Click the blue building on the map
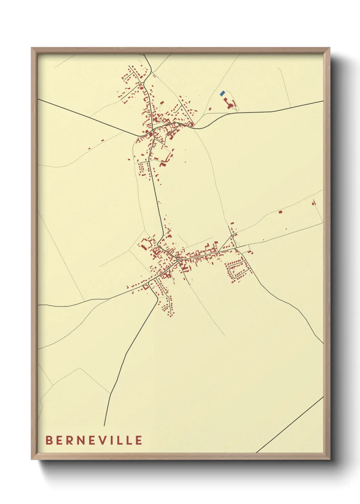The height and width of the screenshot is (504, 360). pyautogui.click(x=222, y=93)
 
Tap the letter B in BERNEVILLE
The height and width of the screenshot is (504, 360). pyautogui.click(x=49, y=440)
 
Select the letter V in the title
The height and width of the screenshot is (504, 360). pyautogui.click(x=103, y=440)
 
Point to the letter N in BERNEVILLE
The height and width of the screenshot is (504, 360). pyautogui.click(x=81, y=440)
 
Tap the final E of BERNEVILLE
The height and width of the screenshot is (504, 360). pyautogui.click(x=138, y=440)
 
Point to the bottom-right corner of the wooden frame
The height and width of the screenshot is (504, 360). pyautogui.click(x=329, y=459)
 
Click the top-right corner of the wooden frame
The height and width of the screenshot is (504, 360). pyautogui.click(x=329, y=48)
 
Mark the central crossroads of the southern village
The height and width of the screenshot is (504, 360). pyautogui.click(x=178, y=259)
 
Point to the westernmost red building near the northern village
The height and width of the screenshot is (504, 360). pyautogui.click(x=89, y=148)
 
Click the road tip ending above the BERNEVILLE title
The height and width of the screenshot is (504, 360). pyautogui.click(x=104, y=425)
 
